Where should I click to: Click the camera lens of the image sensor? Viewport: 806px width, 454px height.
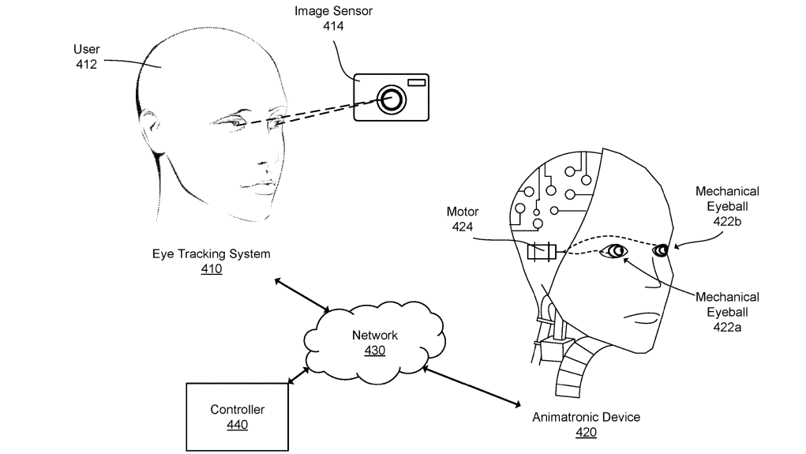click(x=391, y=99)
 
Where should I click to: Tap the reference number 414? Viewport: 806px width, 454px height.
click(x=333, y=26)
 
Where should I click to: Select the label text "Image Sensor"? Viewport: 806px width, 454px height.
click(x=333, y=11)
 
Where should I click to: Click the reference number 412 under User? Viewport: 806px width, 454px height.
click(x=86, y=64)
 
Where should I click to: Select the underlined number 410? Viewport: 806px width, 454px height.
click(x=211, y=269)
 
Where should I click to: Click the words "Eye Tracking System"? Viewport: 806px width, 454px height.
click(x=211, y=254)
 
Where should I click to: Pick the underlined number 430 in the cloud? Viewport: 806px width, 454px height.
click(x=374, y=350)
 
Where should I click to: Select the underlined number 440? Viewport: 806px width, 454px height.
click(x=237, y=425)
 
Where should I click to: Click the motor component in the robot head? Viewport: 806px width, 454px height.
click(x=542, y=252)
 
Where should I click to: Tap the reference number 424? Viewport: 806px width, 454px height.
click(x=462, y=227)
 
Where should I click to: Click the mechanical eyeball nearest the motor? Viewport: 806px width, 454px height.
click(x=613, y=252)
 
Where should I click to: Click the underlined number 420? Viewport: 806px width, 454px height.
click(x=586, y=432)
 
